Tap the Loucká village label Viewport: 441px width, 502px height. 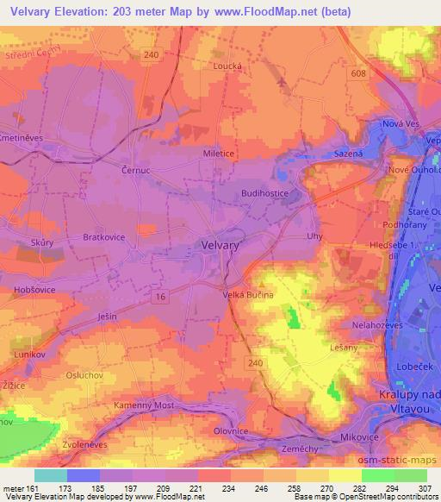click(x=228, y=65)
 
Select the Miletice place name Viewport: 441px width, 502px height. click(x=219, y=154)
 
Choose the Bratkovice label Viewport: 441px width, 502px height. click(x=103, y=236)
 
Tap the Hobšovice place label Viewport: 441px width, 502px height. click(x=34, y=291)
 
